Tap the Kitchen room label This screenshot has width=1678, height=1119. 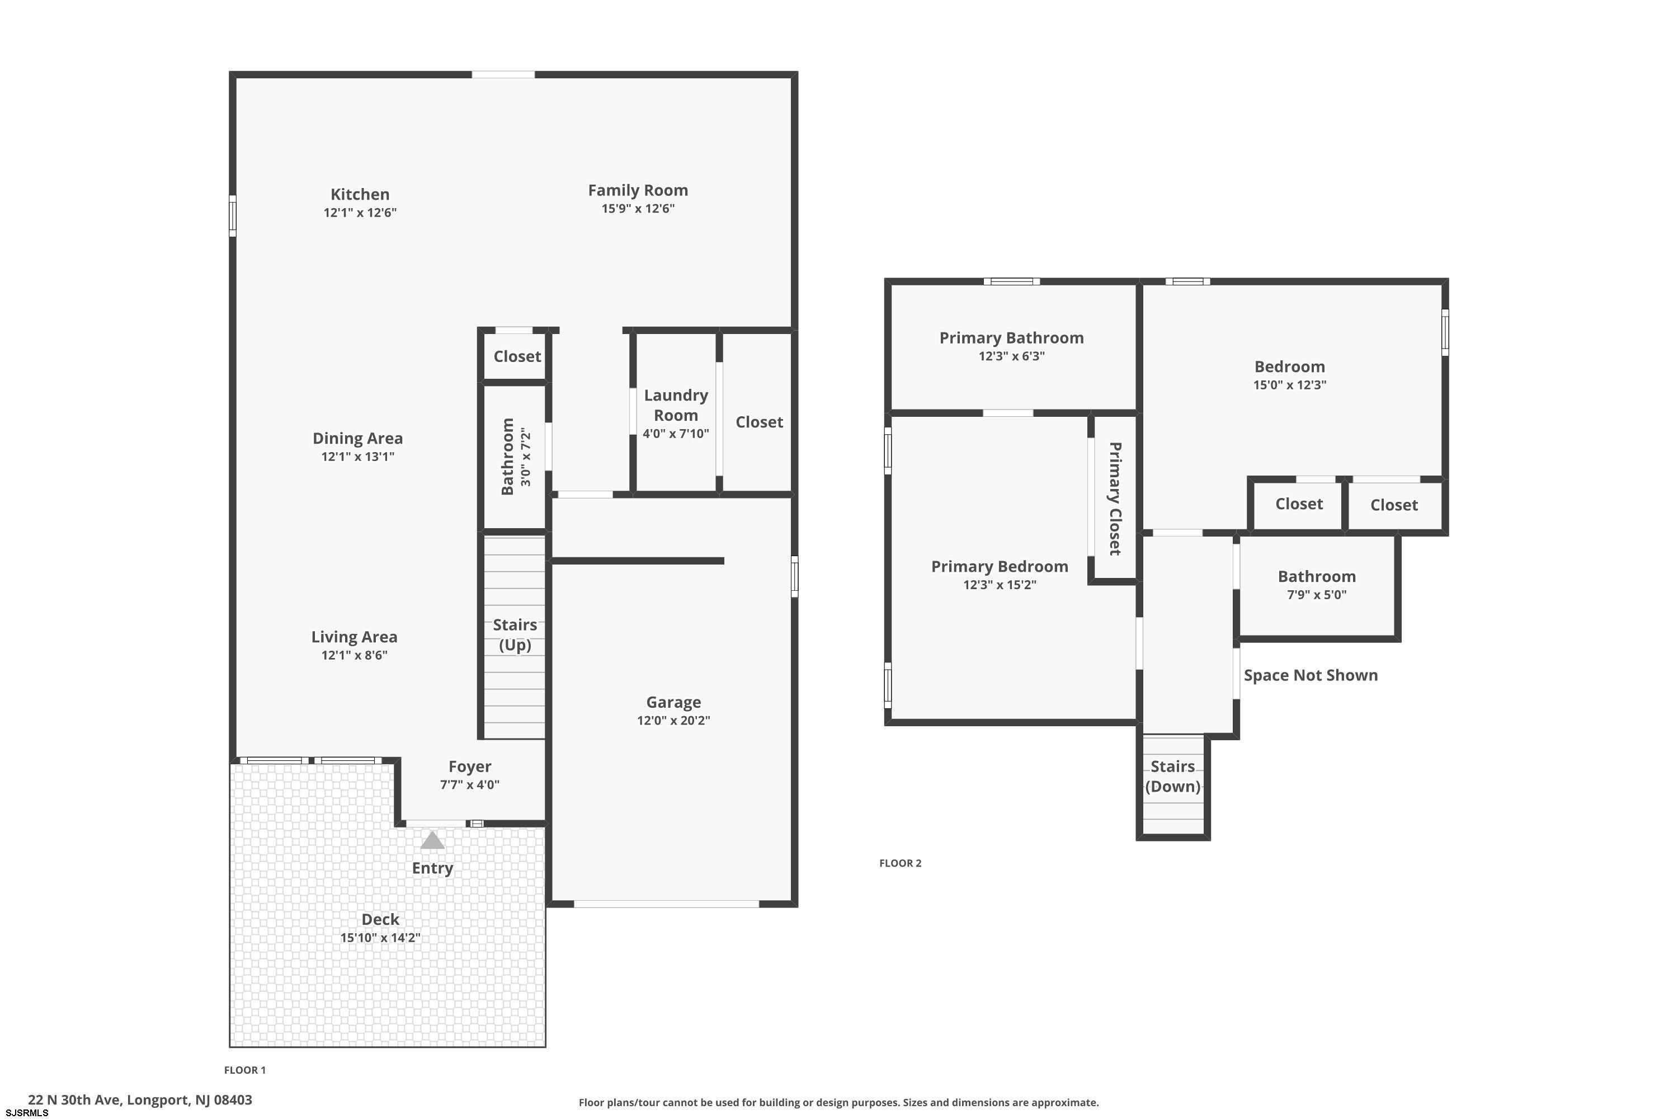coord(360,194)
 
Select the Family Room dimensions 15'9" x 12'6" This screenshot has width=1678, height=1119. coord(638,208)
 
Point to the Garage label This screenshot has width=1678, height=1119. coord(673,702)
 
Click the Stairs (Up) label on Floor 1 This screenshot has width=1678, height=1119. coord(515,634)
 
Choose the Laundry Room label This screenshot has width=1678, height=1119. coord(676,405)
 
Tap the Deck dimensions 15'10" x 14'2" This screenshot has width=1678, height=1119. coord(380,938)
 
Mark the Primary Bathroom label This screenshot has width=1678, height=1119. coord(1012,337)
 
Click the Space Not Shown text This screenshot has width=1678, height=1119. coord(1311,675)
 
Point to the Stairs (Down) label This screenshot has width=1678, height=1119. coord(1173,775)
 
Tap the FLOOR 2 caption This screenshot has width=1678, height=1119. coord(901,863)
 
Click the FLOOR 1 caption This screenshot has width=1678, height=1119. coord(245,1070)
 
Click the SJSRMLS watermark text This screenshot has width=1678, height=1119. coord(27,1113)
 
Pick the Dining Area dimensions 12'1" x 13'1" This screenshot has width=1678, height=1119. coord(357,457)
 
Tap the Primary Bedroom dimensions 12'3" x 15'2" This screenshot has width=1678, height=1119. coord(1000,585)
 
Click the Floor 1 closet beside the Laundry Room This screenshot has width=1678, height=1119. coord(759,422)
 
